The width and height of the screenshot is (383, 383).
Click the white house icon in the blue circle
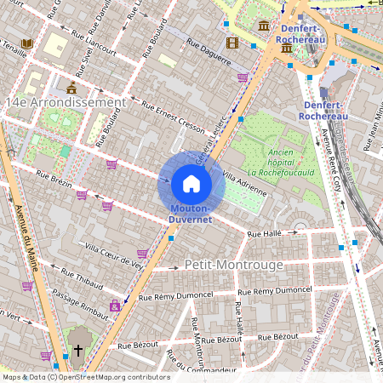pyautogui.click(x=191, y=183)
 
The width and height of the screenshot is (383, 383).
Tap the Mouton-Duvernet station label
pyautogui.click(x=191, y=214)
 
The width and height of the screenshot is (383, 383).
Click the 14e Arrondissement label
pyautogui.click(x=65, y=102)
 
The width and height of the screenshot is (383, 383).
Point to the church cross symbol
pyautogui.click(x=78, y=350)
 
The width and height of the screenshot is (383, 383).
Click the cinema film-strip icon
pyautogui.click(x=232, y=43)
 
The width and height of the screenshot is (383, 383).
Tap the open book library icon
pyautogui.click(x=27, y=43)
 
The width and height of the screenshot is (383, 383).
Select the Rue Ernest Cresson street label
pyautogui.click(x=174, y=117)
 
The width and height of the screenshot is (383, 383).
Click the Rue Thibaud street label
pyautogui.click(x=83, y=277)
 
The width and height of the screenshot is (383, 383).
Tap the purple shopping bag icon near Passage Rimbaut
pyautogui.click(x=115, y=306)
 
